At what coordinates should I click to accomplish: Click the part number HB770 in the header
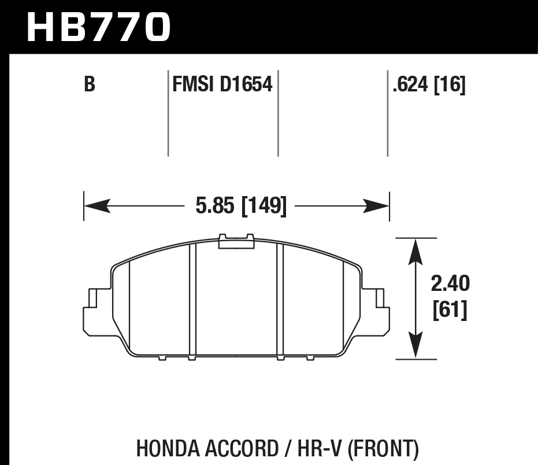pos(99,27)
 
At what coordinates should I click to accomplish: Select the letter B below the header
pos(89,85)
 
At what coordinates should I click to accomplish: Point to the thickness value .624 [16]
pos(428,85)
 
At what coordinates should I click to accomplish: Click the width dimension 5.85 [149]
pos(241,206)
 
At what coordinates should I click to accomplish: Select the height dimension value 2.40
pos(450,284)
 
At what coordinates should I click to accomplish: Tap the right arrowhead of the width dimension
pos(377,205)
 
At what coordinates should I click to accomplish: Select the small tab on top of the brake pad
pos(236,241)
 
